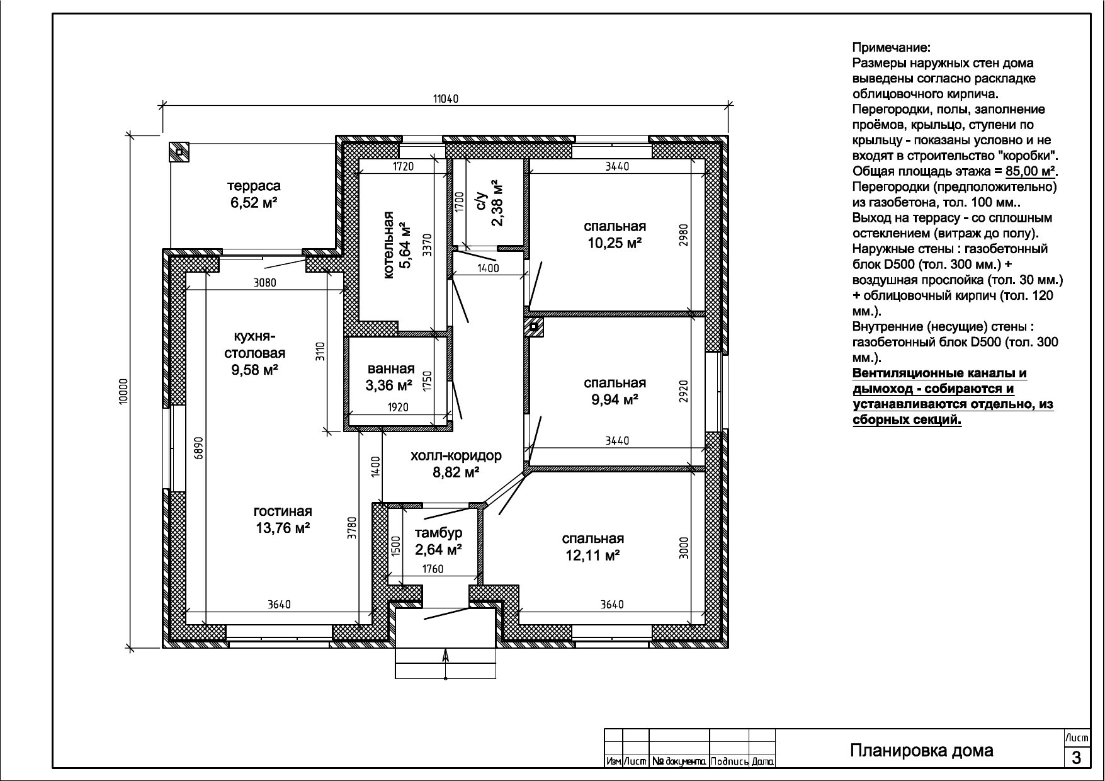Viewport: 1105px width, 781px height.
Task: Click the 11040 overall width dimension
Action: (446, 98)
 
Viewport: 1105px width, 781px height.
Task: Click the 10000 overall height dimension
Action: (123, 391)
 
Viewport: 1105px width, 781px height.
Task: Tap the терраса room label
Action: (254, 186)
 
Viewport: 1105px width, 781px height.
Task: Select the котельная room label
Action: (388, 245)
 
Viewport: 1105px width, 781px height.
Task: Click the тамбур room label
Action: (439, 533)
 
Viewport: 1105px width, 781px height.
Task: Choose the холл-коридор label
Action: (456, 455)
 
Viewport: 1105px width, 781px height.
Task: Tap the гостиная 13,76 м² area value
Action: (283, 528)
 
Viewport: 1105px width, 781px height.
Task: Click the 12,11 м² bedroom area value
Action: (593, 555)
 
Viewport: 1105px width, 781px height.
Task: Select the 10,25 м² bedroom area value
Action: (615, 242)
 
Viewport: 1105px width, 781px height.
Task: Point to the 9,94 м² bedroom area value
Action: (615, 399)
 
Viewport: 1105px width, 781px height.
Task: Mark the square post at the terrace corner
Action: (179, 152)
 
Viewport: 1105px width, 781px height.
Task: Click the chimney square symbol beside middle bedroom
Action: (534, 327)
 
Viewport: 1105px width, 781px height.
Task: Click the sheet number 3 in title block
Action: (1076, 757)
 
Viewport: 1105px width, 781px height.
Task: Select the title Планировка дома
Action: (922, 751)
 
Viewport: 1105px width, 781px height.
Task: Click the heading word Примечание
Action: (891, 48)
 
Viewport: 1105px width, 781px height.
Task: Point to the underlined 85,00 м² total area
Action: (1031, 171)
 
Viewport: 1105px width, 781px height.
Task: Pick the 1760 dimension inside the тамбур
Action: (433, 569)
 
